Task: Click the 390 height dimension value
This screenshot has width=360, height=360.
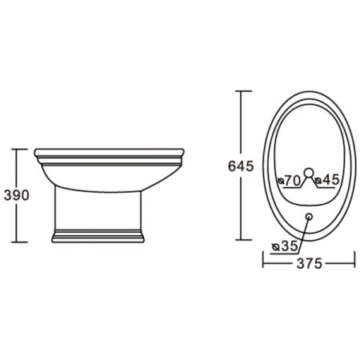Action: coord(17,195)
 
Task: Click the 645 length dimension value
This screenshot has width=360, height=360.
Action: coord(241,166)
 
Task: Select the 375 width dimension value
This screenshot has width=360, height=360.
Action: coord(310,263)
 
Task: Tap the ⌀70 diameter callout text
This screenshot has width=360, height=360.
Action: coord(290,181)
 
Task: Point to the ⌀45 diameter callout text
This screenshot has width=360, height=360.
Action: coord(327,180)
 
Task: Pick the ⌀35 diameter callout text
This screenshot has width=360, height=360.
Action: coord(285,246)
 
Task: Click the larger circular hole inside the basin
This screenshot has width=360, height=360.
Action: coord(309,173)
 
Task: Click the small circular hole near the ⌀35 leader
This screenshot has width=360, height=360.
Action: coord(310,216)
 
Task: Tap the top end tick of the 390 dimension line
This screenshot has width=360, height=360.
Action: coord(19,149)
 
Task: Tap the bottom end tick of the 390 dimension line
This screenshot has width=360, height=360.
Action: coord(19,242)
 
